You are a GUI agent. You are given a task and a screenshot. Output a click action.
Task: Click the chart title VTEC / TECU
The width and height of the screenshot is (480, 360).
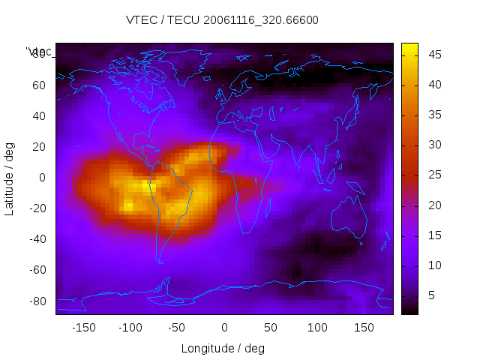point(222,20)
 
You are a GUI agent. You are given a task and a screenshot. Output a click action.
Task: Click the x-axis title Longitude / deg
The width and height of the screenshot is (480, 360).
point(223,349)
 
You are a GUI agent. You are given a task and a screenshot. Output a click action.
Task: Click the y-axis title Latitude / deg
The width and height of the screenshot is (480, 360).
point(10,178)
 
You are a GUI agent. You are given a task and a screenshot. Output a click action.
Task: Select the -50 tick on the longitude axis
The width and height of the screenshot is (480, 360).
point(177,328)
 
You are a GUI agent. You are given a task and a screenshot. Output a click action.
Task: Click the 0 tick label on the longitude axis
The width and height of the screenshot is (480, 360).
point(224,328)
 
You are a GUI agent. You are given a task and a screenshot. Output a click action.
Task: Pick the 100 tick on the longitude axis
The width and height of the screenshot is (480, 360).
point(317,328)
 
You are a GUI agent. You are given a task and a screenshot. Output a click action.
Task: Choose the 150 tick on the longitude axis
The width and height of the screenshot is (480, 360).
point(364,328)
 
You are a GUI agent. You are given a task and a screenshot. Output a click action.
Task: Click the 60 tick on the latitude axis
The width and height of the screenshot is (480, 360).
point(39,85)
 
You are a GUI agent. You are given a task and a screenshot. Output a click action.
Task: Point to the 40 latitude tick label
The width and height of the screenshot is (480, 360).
point(39,115)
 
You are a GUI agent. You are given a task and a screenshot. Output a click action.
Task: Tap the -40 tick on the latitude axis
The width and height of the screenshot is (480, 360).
point(37,239)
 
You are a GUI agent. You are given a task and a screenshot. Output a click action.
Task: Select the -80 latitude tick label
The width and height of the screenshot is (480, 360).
point(37,301)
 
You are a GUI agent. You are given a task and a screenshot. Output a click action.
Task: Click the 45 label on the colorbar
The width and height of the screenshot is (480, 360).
point(434,54)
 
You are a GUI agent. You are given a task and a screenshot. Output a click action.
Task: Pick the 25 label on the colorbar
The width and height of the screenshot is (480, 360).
point(434,175)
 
